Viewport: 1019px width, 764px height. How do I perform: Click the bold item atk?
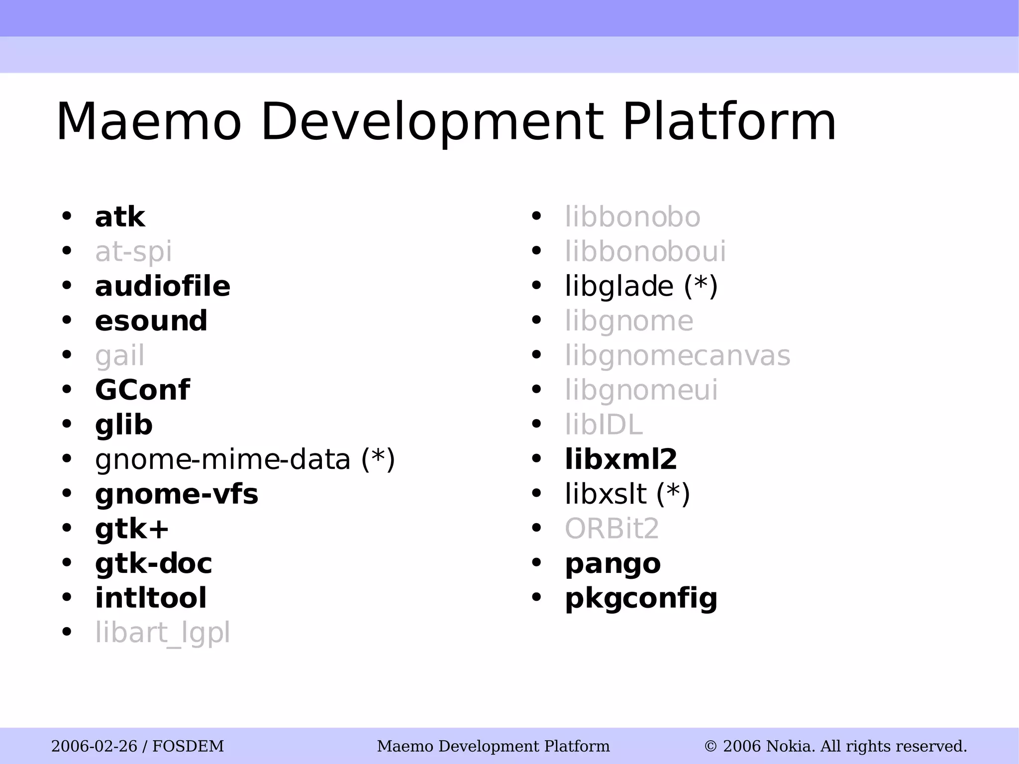pos(120,218)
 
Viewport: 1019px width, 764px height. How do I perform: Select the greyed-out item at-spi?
pos(133,252)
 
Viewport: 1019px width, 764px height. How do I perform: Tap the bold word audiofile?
pos(163,287)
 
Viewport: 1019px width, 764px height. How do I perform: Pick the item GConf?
pos(142,390)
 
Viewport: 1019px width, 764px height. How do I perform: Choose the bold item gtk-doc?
pos(153,563)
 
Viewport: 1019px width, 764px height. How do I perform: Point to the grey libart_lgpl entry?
pos(163,633)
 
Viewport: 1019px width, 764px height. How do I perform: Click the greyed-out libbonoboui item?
pos(645,252)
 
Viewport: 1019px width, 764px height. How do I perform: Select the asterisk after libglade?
pos(701,284)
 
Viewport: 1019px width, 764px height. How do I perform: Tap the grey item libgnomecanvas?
pos(677,356)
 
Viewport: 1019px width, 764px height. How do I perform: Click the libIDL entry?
pos(604,425)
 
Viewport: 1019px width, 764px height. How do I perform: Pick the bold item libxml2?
pos(621,459)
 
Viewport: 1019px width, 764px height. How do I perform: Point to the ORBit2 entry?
pos(611,529)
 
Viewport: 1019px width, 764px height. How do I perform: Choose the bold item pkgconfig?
pos(641,599)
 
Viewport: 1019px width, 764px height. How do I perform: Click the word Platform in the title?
pos(729,122)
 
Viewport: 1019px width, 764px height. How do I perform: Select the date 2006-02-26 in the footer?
pos(94,746)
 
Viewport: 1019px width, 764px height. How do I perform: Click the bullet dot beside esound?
pos(67,321)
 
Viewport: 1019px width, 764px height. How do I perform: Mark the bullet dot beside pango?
pos(536,563)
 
